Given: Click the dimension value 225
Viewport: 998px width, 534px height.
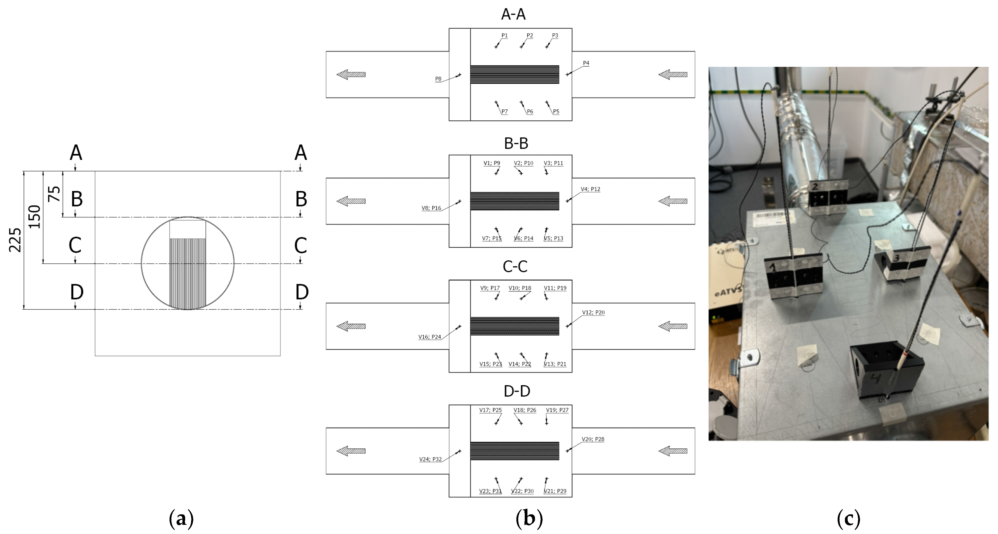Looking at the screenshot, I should pyautogui.click(x=15, y=240).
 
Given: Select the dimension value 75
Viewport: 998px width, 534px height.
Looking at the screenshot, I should pyautogui.click(x=54, y=194).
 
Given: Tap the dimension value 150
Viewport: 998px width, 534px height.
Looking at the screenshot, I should pyautogui.click(x=34, y=217).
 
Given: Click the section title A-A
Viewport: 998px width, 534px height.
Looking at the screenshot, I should pyautogui.click(x=513, y=14).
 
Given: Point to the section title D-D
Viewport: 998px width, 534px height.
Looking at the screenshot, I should pyautogui.click(x=516, y=391).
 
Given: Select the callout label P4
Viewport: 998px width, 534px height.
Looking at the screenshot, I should pyautogui.click(x=586, y=63).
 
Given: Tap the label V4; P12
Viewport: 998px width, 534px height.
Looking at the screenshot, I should pyautogui.click(x=590, y=189).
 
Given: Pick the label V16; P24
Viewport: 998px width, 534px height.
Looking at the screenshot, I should pyautogui.click(x=429, y=337).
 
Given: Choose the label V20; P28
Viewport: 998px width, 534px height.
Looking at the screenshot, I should pyautogui.click(x=593, y=439).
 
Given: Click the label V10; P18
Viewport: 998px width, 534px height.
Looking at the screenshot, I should pyautogui.click(x=520, y=288).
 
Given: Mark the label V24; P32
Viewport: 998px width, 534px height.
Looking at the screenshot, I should pyautogui.click(x=430, y=459).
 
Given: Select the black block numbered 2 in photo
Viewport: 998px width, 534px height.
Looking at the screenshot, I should pyautogui.click(x=828, y=198).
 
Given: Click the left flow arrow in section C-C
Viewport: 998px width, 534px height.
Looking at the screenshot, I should pyautogui.click(x=351, y=326).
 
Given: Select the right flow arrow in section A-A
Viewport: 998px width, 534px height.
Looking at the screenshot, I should pyautogui.click(x=673, y=74).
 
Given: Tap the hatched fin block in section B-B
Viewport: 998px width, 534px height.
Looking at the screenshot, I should pyautogui.click(x=514, y=201).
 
